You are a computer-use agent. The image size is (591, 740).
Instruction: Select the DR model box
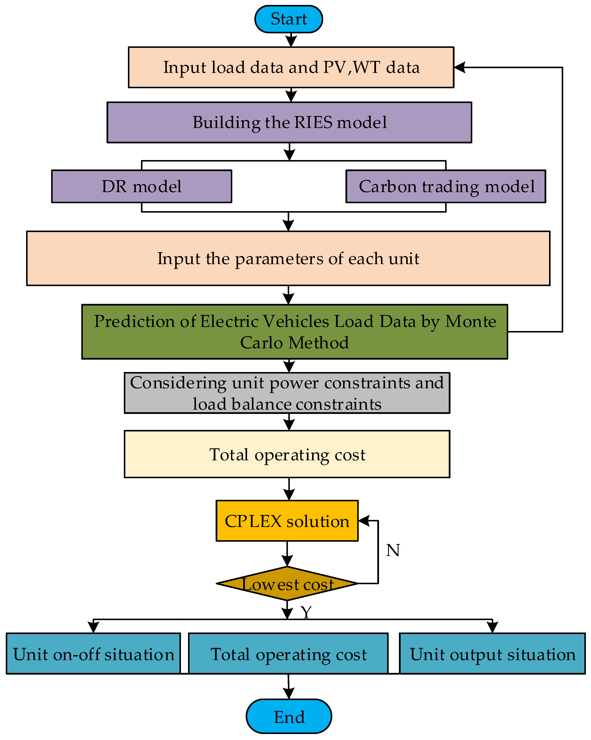coord(142,186)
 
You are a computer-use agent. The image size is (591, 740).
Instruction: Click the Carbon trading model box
coord(446,186)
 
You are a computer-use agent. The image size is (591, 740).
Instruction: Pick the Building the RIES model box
coord(289,122)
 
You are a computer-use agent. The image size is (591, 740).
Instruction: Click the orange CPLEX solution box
coord(287,521)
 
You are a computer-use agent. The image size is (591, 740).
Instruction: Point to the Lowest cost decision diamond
coord(287,584)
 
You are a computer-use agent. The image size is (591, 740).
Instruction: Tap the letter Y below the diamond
coord(306,612)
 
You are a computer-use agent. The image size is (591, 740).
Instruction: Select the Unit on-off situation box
coord(93,654)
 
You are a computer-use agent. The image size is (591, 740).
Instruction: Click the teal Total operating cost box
coord(288,654)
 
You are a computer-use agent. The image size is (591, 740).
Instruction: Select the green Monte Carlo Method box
coord(295,332)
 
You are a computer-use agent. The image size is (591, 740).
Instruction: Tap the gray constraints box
coord(287,393)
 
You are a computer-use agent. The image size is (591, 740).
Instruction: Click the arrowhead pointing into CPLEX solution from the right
coord(364,521)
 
